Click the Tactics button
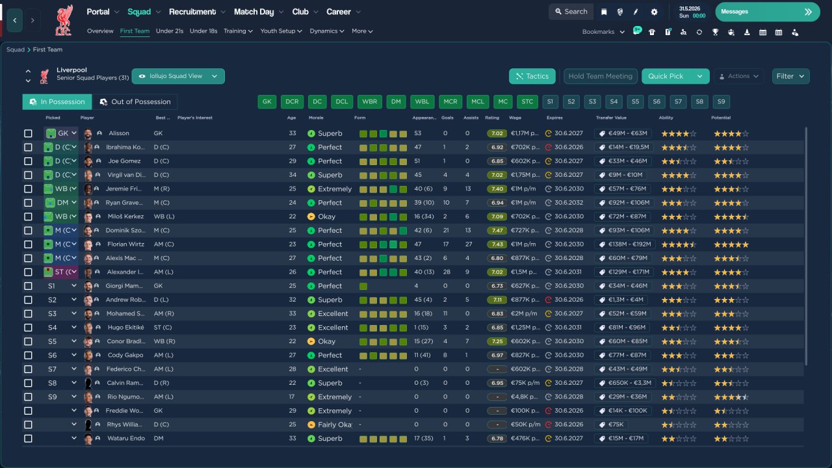coord(532,76)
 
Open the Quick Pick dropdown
coord(699,76)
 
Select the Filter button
coord(790,76)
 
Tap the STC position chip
coord(527,101)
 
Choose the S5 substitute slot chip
coord(635,101)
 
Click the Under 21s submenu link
coord(170,31)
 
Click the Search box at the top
coord(571,12)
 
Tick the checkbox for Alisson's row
coord(28,133)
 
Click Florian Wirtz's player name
coord(125,244)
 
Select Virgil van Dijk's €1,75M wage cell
coord(523,175)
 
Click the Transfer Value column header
coord(611,118)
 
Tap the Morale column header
coord(316,118)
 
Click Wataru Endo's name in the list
coord(125,439)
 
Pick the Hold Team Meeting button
coord(600,76)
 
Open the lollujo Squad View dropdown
coord(178,76)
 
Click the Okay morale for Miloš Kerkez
coord(326,216)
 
